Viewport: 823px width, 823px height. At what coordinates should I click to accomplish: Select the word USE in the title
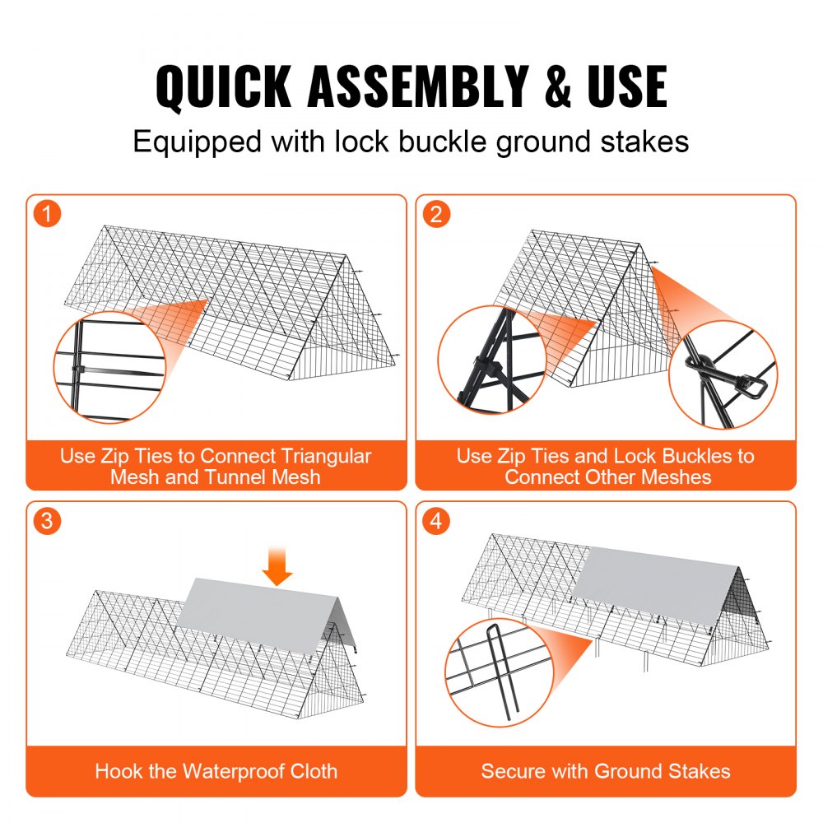click(x=625, y=86)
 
